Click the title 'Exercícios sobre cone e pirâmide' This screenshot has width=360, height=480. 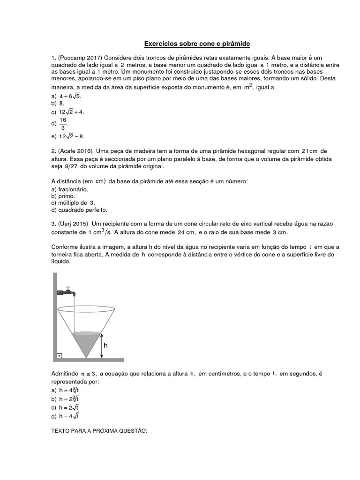[x=196, y=44]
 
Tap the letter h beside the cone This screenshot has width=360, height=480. [x=106, y=345]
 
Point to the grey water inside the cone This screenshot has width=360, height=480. [x=86, y=341]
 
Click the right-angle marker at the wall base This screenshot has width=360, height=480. [x=60, y=356]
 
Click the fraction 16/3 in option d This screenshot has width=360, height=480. [x=63, y=124]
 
